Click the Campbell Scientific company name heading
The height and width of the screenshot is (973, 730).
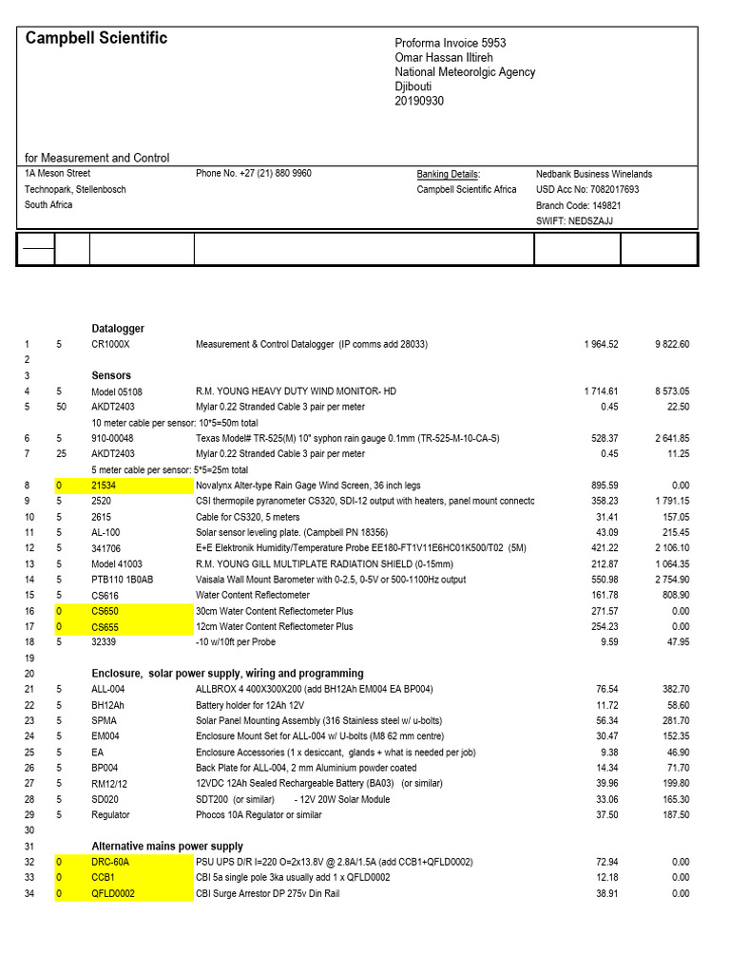coord(96,38)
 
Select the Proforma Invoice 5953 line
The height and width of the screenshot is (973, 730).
coord(451,44)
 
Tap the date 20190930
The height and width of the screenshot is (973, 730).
coord(419,101)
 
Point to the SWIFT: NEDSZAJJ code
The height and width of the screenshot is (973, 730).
coord(575,220)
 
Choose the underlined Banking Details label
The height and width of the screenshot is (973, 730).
coord(449,174)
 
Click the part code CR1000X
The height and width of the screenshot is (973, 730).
coord(110,344)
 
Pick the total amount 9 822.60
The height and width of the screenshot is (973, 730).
coord(670,344)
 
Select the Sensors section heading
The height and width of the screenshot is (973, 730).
coord(111,375)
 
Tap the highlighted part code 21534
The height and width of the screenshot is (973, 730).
coord(105,486)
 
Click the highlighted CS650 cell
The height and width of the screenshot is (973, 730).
coord(106,611)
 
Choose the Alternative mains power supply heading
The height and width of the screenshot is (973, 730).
coord(167,846)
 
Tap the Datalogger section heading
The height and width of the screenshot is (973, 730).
coord(118,329)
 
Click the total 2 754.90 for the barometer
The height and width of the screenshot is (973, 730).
coord(670,580)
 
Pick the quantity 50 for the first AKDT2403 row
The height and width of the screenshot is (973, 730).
coord(61,407)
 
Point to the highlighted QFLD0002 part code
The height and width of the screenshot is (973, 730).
coord(114,893)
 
